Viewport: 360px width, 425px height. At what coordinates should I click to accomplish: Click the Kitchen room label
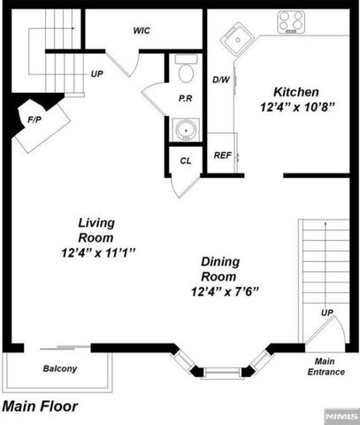click(295, 92)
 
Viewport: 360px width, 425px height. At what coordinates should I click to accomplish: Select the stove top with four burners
click(294, 20)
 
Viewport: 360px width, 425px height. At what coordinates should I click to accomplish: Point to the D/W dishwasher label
click(221, 80)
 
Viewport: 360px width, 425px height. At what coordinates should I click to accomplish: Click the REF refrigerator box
click(223, 156)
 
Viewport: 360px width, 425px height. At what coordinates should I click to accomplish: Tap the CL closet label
click(185, 161)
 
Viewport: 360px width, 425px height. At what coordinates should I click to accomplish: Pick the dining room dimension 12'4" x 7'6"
click(229, 291)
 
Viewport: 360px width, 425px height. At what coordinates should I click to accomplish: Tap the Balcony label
click(60, 369)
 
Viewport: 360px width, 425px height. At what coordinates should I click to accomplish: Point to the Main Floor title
click(40, 407)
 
